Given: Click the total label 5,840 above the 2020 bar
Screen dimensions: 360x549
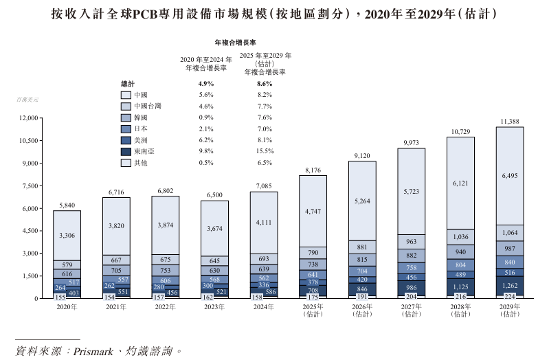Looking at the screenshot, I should click(67, 205).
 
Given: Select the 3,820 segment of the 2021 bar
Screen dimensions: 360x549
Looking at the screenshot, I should click(116, 225).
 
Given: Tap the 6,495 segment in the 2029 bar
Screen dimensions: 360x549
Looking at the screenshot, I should click(510, 176).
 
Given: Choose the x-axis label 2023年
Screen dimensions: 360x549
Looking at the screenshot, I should click(214, 307).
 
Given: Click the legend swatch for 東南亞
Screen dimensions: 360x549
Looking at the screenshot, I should click(126, 151).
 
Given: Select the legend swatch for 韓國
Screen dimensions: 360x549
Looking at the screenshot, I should click(126, 117).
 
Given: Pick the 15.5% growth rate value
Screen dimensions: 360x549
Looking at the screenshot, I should click(265, 151).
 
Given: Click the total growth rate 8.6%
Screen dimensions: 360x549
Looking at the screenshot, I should click(265, 84).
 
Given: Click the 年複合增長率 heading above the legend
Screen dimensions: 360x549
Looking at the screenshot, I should click(236, 43).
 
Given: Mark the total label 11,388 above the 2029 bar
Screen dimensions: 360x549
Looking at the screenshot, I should click(510, 122).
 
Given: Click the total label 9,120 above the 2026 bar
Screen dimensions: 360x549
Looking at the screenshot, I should click(362, 156).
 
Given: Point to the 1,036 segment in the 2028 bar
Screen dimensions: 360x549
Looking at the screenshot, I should click(460, 236).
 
